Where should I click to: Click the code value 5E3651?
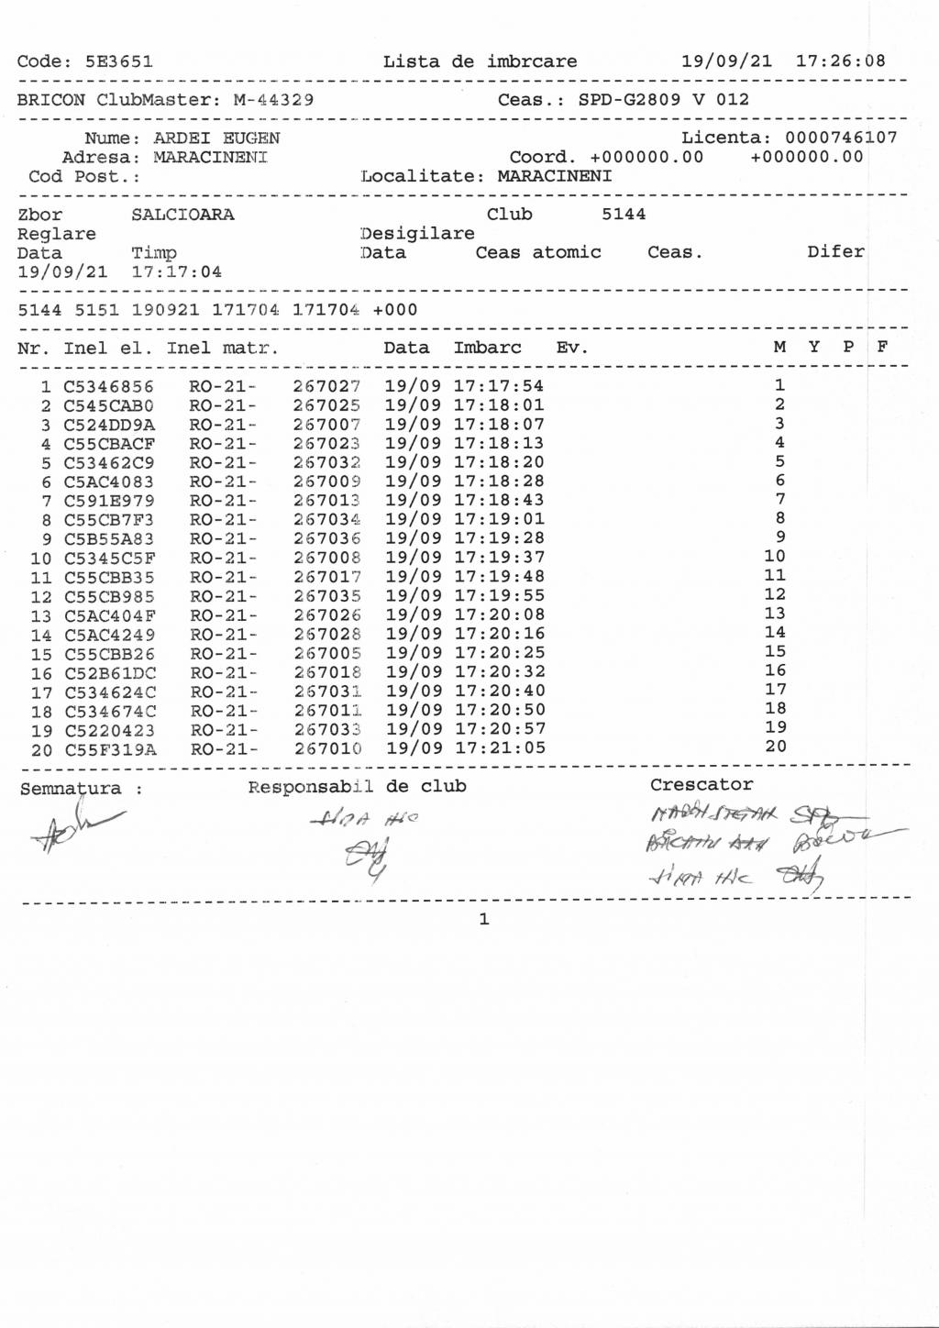tap(118, 62)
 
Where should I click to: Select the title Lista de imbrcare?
tap(480, 61)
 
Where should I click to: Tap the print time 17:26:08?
tap(840, 61)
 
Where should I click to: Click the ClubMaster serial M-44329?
tap(273, 100)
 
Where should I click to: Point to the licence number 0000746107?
tap(841, 138)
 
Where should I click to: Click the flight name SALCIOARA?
tap(182, 215)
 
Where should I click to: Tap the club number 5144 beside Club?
tap(624, 214)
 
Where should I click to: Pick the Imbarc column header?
tap(487, 348)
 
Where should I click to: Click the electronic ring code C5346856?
tap(108, 387)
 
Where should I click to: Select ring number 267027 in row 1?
tap(326, 387)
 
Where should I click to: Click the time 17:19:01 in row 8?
tap(499, 520)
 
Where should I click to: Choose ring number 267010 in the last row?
tap(327, 749)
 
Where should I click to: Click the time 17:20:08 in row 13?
tap(499, 615)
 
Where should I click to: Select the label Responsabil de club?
tap(357, 787)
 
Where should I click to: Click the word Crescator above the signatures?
tap(701, 785)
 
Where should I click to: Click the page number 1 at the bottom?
tap(484, 919)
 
